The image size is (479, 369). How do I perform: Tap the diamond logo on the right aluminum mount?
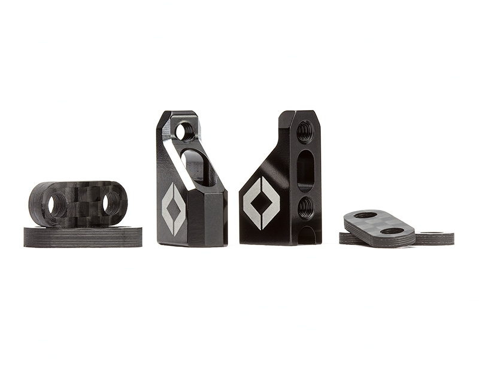coord(261,203)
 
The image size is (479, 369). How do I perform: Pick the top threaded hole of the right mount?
coord(305,131)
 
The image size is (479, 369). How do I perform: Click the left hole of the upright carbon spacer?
coord(57,204)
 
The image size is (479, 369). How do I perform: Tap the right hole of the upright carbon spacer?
coord(111,203)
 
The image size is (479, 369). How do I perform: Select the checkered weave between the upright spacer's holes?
coord(84,203)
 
